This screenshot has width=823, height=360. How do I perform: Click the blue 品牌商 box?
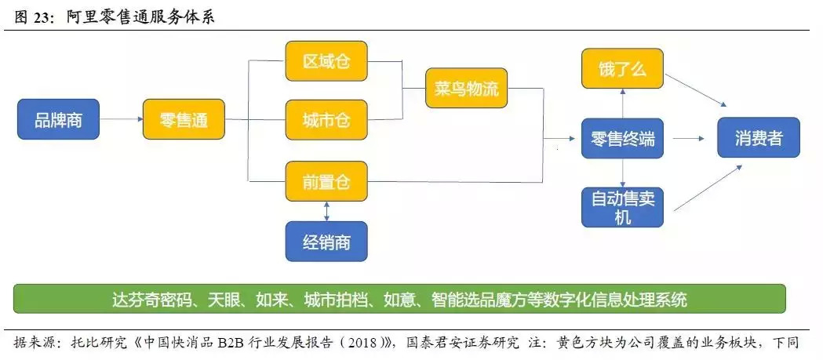58,120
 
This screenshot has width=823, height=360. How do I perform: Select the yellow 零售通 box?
183,120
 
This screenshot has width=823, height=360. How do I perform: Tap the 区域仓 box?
326,61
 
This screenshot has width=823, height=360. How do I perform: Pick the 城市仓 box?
326,120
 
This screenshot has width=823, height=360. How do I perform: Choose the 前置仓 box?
326,181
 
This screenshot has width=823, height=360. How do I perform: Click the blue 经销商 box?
326,241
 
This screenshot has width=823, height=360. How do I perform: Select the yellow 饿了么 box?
622,68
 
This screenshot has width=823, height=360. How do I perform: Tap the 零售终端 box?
622,140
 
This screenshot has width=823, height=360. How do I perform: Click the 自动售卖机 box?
622,207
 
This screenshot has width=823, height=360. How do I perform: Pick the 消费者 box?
759,140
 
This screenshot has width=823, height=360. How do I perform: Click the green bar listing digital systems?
399,299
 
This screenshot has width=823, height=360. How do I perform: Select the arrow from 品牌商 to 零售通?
121,120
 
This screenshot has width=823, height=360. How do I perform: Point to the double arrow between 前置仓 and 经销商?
326,211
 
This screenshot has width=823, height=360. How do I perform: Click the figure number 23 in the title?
38,16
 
